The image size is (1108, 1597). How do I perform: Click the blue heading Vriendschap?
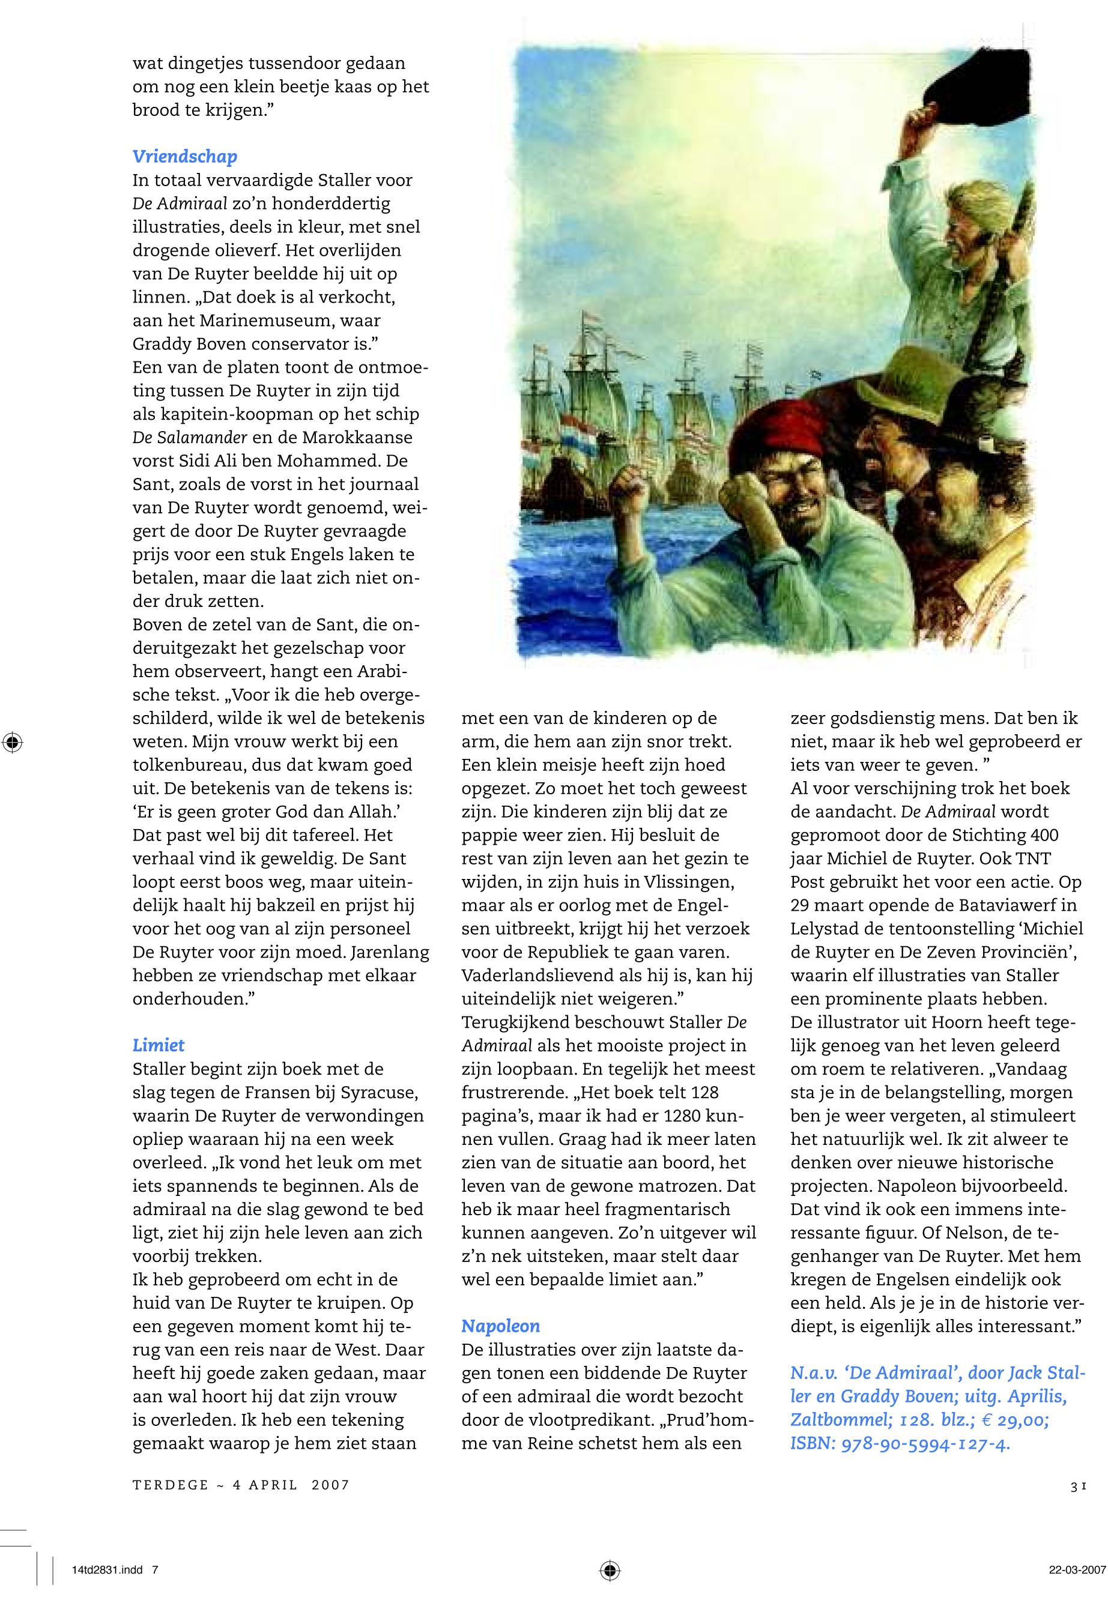coord(185,157)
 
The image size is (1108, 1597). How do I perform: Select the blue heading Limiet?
coord(159,1045)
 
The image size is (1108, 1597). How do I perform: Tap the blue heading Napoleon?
coord(500,1326)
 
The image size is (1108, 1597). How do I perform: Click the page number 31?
coord(1077,1485)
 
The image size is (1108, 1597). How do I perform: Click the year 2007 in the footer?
coord(330,1485)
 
